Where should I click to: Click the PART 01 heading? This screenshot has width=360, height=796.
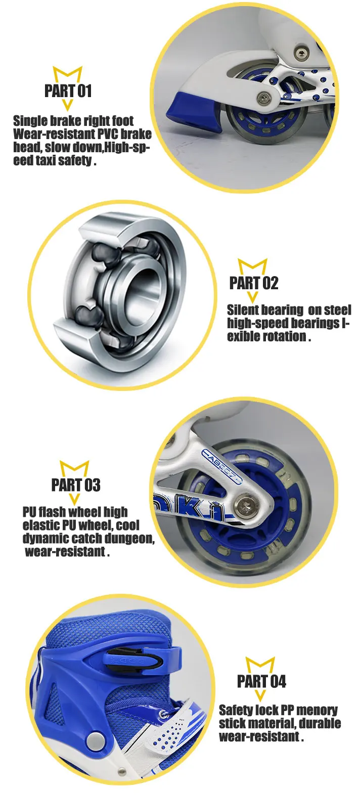click(x=68, y=91)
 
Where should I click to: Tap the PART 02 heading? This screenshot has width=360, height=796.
click(x=254, y=283)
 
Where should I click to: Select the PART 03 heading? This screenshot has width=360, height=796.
click(x=76, y=485)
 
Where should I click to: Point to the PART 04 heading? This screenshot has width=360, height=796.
click(x=261, y=681)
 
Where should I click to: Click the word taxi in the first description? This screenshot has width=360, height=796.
click(x=46, y=160)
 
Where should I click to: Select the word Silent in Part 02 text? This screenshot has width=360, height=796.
click(x=243, y=310)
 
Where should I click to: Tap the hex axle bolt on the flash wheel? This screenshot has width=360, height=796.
click(x=245, y=504)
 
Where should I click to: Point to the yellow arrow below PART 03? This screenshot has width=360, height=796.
click(x=75, y=498)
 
